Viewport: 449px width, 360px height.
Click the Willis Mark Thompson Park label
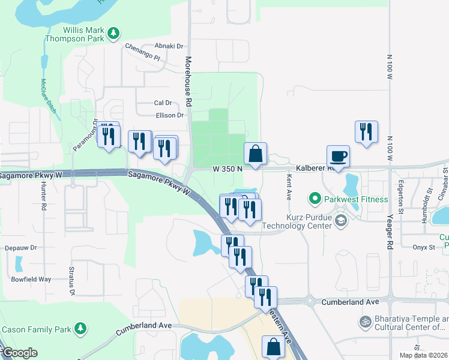[76, 34]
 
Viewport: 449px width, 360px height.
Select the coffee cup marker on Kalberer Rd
[338, 157]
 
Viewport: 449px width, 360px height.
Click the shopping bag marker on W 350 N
[255, 154]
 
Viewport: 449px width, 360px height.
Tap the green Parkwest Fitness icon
[314, 197]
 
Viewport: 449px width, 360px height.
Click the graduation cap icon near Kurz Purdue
[341, 221]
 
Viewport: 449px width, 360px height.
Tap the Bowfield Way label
[32, 279]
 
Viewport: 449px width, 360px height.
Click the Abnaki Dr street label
[169, 46]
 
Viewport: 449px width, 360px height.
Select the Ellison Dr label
[169, 115]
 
